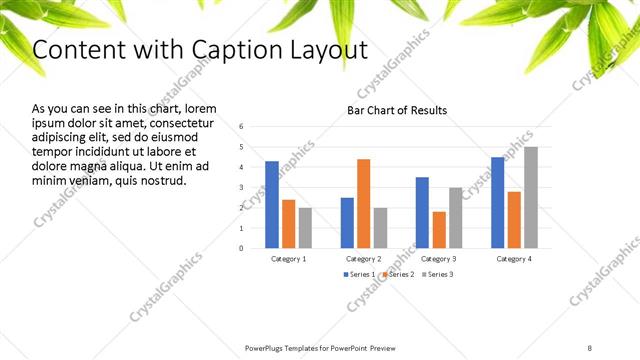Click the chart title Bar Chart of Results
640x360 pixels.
(397, 110)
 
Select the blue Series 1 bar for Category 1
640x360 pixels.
(272, 204)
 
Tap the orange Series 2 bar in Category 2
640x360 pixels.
(363, 203)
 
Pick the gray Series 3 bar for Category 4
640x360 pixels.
(531, 197)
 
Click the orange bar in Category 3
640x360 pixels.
(439, 229)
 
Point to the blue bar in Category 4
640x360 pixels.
(498, 202)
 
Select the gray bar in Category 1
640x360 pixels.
(305, 227)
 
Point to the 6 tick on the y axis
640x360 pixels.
(242, 127)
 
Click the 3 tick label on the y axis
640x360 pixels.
(242, 187)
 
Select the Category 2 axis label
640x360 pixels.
(364, 258)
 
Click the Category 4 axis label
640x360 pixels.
(514, 258)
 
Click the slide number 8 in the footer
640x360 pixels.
(590, 347)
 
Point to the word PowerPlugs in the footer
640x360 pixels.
(268, 347)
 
